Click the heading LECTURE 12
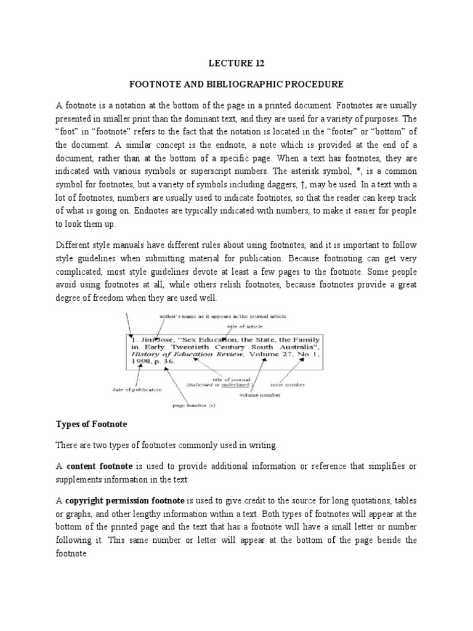(236, 62)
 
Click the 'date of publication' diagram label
(137, 389)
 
